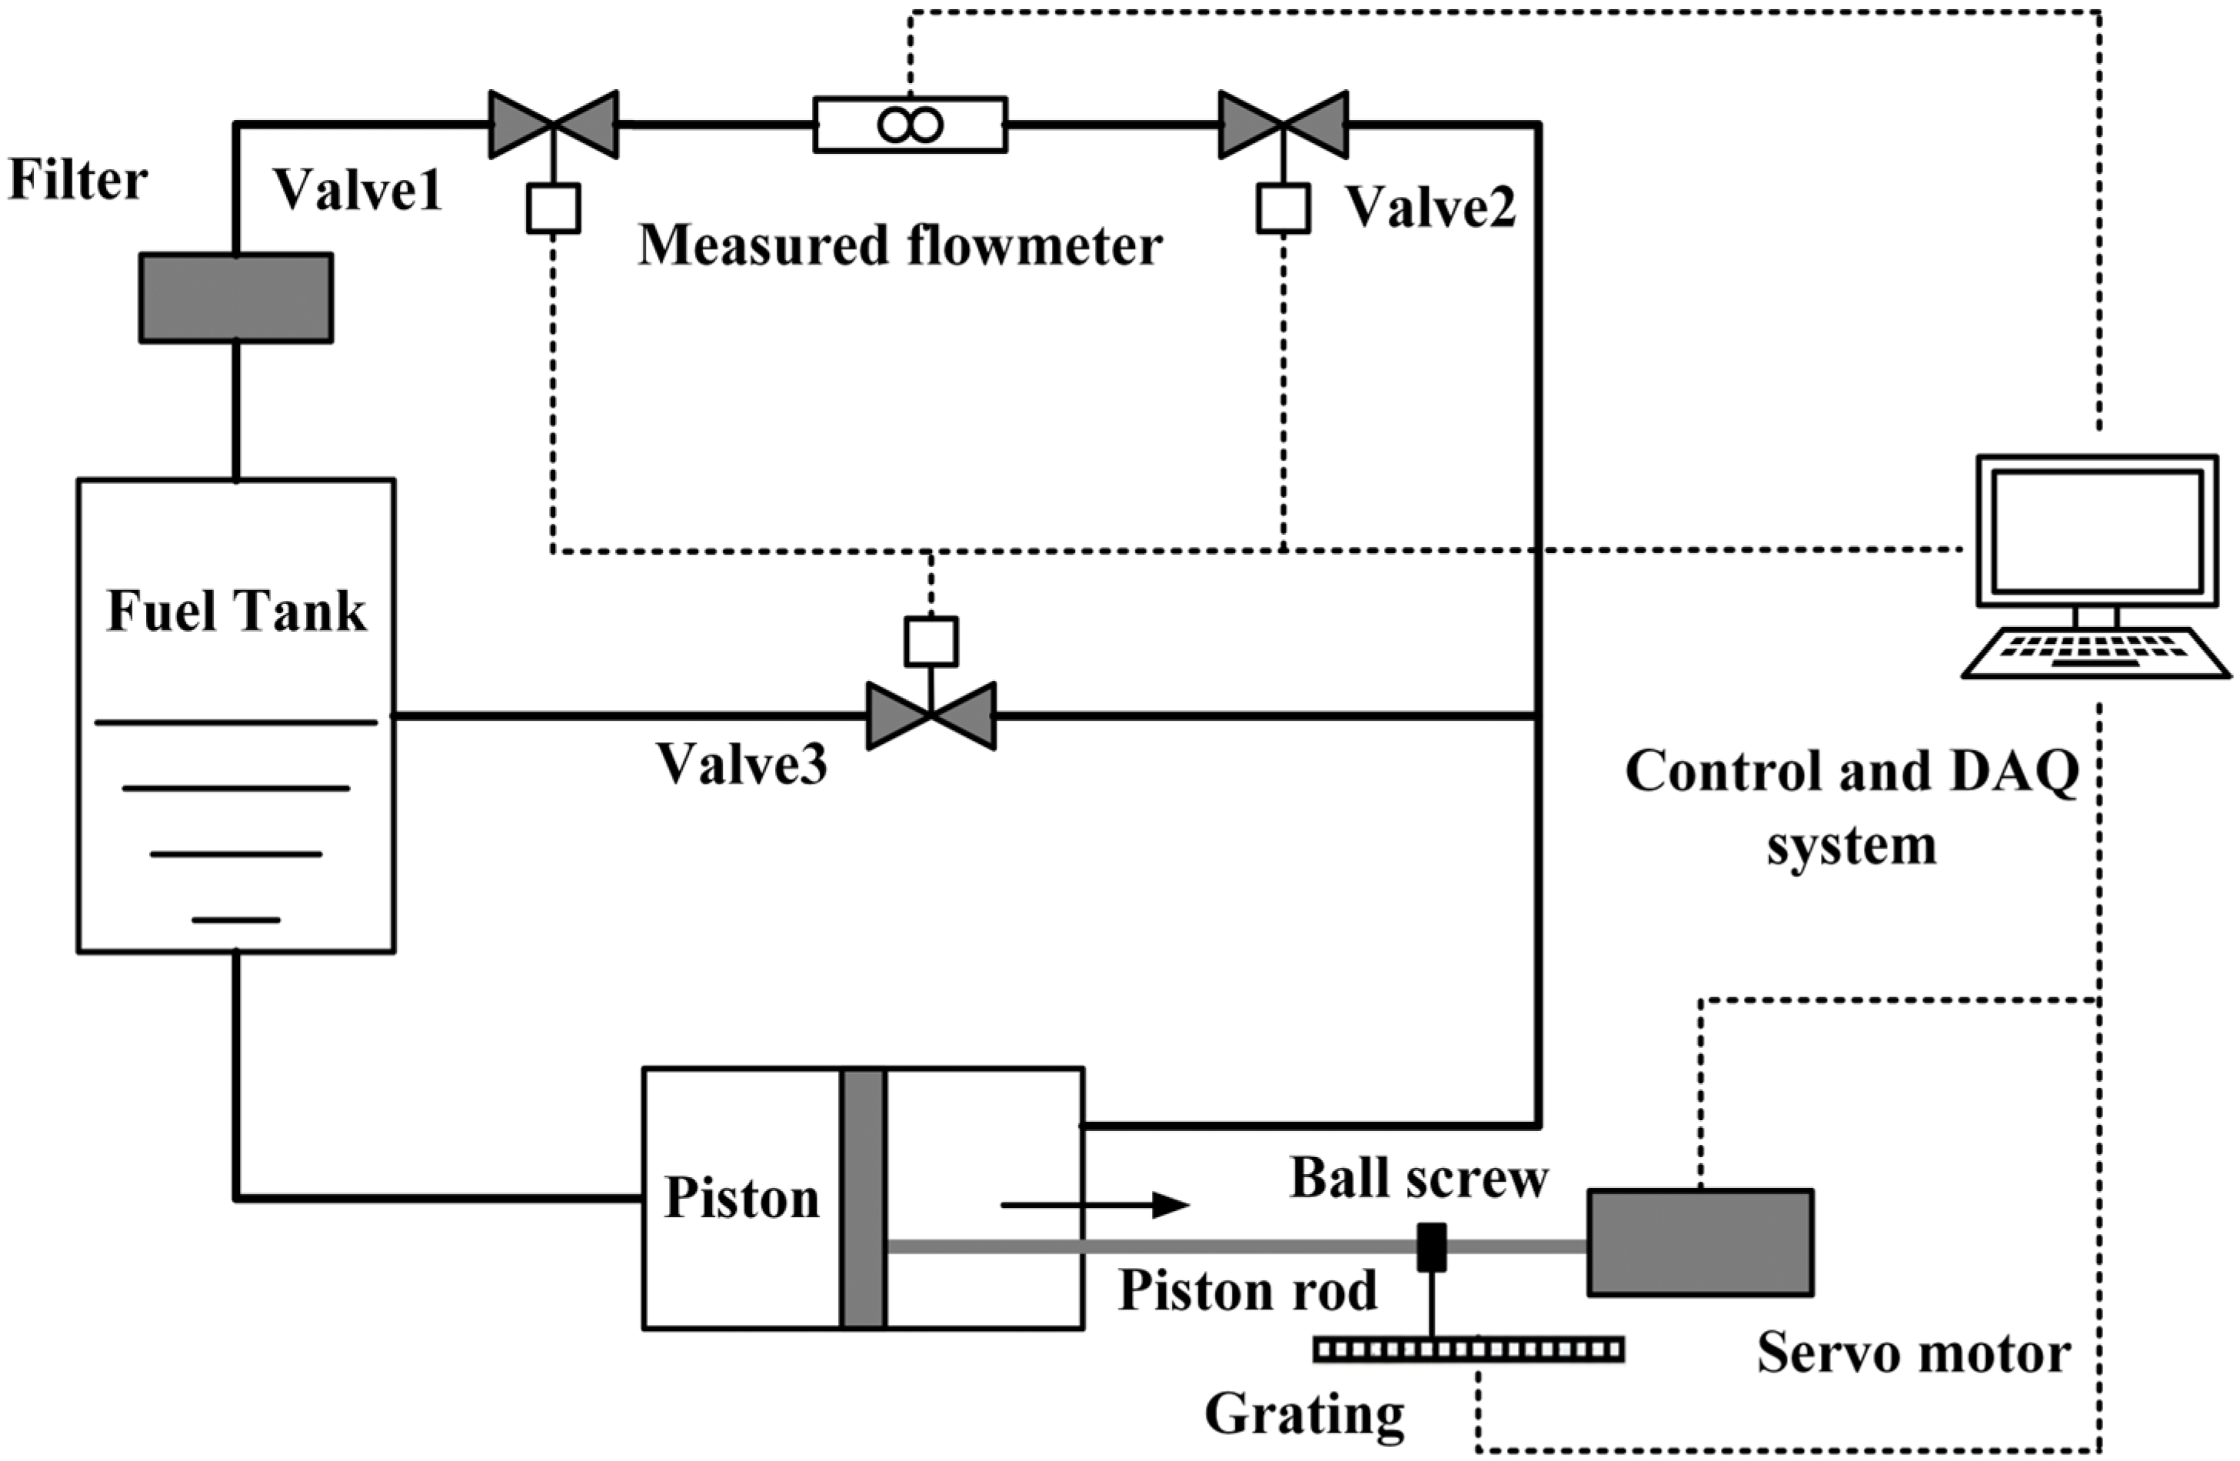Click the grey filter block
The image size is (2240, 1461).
pos(235,298)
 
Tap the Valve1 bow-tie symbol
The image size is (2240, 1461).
pos(554,125)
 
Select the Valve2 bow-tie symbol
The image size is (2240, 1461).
pos(1283,125)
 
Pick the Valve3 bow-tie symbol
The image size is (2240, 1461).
pos(930,716)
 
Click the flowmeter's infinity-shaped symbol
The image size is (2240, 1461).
pos(909,125)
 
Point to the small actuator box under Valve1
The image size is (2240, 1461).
pos(554,208)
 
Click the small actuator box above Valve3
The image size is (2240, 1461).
pos(930,641)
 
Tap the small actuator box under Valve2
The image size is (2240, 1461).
pos(1283,208)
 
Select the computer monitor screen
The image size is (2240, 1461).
pos(2096,531)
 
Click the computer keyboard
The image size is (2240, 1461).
pos(2095,652)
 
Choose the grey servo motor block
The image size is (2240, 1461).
pos(1699,1243)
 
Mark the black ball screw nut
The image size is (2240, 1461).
pos(1432,1246)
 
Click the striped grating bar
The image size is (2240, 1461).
pos(1468,1351)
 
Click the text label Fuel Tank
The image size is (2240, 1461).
pos(236,612)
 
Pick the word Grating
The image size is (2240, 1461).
pos(1303,1414)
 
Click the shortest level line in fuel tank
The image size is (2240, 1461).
pos(235,919)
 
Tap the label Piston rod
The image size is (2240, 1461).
pos(1247,1291)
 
